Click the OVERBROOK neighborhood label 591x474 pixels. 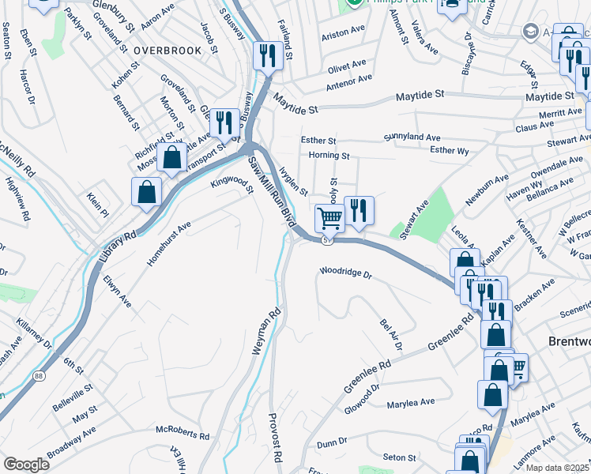(x=168, y=50)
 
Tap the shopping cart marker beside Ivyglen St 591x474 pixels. (x=329, y=217)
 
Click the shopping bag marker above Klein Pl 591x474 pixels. (x=147, y=192)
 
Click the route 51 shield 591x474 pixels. (x=325, y=239)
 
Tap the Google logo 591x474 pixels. (x=26, y=465)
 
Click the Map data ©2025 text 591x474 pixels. (x=556, y=468)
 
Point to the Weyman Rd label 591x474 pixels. (x=266, y=331)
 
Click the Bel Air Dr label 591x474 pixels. (x=391, y=335)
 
